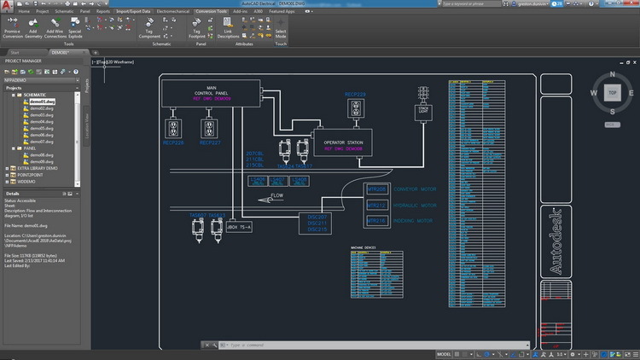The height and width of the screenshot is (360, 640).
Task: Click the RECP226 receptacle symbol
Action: pos(174,128)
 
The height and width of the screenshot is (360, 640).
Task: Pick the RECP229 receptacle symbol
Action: pos(355,108)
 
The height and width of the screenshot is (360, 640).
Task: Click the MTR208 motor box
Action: pos(376,189)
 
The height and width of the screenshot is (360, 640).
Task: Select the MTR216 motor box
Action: pos(376,220)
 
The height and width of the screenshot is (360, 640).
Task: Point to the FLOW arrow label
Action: pos(276,196)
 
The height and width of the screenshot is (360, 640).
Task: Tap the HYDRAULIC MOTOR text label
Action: pos(417,206)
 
